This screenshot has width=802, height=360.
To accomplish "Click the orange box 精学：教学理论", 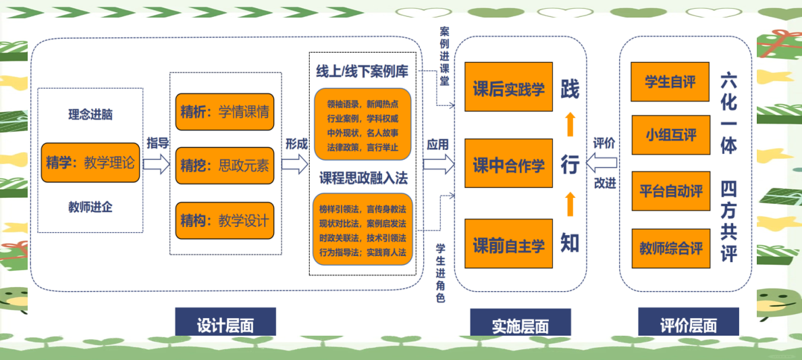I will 90,163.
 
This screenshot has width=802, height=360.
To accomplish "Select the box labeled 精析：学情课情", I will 225,111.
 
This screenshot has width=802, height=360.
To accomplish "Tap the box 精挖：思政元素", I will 225,165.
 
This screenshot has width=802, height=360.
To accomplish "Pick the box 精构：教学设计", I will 225,220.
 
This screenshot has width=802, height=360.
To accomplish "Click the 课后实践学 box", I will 508,88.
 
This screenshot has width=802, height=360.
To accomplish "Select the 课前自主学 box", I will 508,244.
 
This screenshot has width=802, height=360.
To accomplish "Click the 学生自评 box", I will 670,82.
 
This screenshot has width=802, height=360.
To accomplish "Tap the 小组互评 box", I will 670,135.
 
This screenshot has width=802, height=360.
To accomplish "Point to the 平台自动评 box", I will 670,191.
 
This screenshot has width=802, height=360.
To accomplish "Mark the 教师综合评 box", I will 670,249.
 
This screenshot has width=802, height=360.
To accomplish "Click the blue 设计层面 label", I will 225,324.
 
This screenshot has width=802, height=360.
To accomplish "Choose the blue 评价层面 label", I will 688,325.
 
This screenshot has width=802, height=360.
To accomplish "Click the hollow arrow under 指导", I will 156,163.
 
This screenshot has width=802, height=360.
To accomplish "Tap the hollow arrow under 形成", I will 295,163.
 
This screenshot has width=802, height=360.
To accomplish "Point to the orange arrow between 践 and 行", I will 570,124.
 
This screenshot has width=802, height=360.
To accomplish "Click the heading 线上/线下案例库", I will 362,71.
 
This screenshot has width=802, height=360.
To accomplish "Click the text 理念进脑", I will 90,114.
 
